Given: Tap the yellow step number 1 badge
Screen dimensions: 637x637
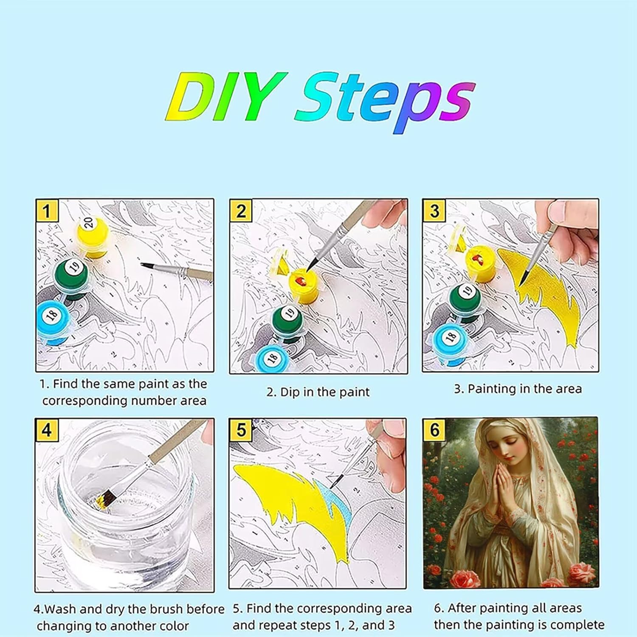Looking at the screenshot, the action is click(x=47, y=210).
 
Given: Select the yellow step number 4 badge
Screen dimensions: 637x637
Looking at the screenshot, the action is click(x=47, y=430).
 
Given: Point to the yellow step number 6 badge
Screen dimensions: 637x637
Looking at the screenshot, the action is click(x=434, y=429).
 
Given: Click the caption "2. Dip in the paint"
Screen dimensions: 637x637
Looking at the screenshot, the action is click(x=318, y=392).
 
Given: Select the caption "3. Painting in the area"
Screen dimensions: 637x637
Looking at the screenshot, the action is click(x=518, y=389).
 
